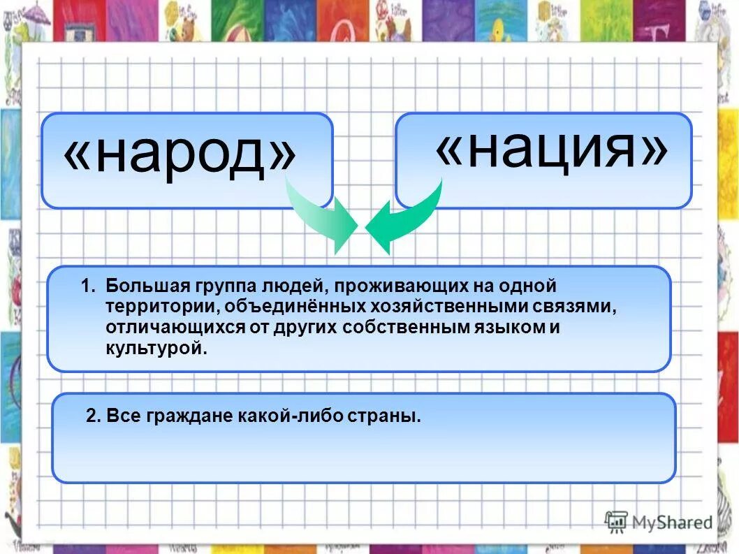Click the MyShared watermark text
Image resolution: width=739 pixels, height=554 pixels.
671,523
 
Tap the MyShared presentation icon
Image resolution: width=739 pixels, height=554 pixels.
616,521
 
